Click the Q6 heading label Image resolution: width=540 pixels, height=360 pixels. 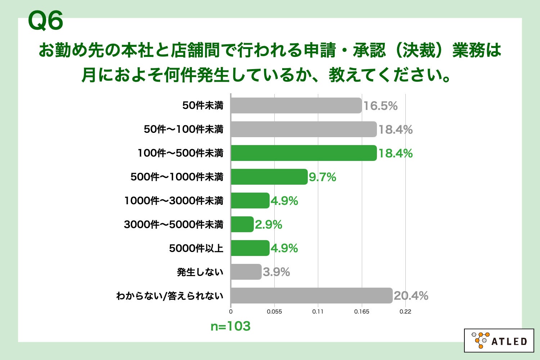[45, 21]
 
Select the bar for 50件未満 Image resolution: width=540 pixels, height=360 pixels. [296, 105]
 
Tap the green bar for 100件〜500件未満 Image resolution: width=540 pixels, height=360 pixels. [303, 153]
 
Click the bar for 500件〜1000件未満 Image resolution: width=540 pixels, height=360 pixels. [269, 177]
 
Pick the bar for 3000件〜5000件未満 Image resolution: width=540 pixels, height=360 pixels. [242, 224]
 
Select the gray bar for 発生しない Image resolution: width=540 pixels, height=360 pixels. [246, 272]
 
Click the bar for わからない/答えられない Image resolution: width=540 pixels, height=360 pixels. [311, 296]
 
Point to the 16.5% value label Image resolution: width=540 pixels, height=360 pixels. [380, 106]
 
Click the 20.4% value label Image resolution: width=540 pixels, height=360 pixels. [411, 296]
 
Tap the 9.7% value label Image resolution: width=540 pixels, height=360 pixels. [322, 177]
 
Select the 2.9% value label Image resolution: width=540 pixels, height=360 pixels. [268, 225]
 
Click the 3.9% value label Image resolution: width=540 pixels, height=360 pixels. [276, 272]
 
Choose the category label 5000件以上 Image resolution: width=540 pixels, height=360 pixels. [196, 248]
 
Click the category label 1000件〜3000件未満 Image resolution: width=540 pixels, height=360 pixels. [174, 201]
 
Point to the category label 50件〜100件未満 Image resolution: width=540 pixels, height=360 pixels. [184, 130]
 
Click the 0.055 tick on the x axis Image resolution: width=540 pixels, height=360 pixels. [274, 312]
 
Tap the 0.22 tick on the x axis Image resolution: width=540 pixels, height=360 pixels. [405, 312]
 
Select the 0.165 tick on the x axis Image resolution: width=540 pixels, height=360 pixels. [361, 312]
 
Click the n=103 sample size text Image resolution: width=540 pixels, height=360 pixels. [230, 326]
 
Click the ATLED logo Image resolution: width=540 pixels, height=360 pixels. [499, 340]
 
